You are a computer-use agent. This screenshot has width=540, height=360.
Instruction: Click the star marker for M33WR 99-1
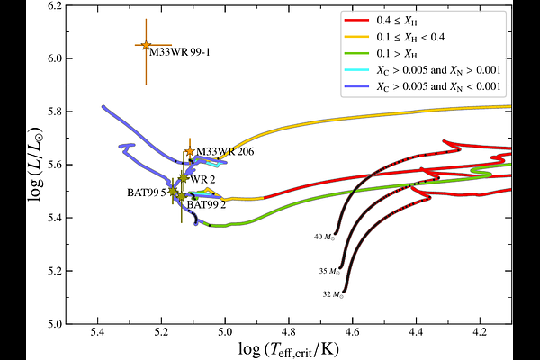tap(146, 45)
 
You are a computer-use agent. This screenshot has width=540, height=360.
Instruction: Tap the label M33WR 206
tap(225, 151)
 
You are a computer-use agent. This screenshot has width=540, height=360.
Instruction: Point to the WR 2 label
tap(203, 179)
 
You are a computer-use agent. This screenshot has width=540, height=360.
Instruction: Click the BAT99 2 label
tap(206, 204)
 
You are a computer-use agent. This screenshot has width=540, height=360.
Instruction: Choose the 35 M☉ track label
tap(329, 270)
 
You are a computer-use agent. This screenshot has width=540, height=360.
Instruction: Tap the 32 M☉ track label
tap(333, 293)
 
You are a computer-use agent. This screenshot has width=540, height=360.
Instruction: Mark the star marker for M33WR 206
tap(189, 152)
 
